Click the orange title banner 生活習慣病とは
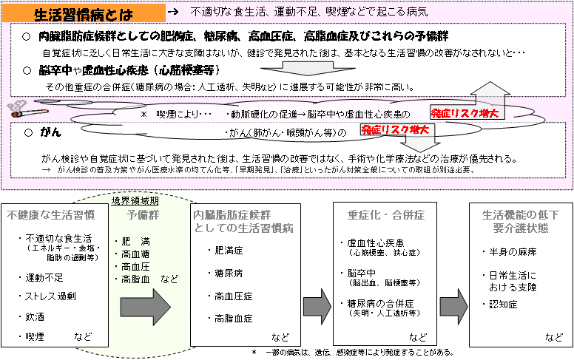click(x=84, y=14)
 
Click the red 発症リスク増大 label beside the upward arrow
click(x=465, y=113)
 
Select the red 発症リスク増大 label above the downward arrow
click(x=395, y=129)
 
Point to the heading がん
click(x=50, y=132)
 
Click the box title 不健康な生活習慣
click(x=50, y=215)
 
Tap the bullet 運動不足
click(x=44, y=278)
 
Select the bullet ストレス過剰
click(x=50, y=296)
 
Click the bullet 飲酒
click(x=35, y=317)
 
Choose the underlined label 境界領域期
click(x=135, y=200)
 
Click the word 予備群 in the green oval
click(x=143, y=215)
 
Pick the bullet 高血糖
click(x=135, y=254)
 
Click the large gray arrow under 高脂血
click(x=145, y=308)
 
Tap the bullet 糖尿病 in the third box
click(x=229, y=274)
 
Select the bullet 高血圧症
click(x=233, y=296)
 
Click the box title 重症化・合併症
click(x=386, y=215)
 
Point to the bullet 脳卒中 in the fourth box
click(x=361, y=274)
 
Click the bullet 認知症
click(x=503, y=305)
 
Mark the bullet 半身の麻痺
click(x=513, y=252)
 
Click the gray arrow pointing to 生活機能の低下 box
click(x=453, y=307)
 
